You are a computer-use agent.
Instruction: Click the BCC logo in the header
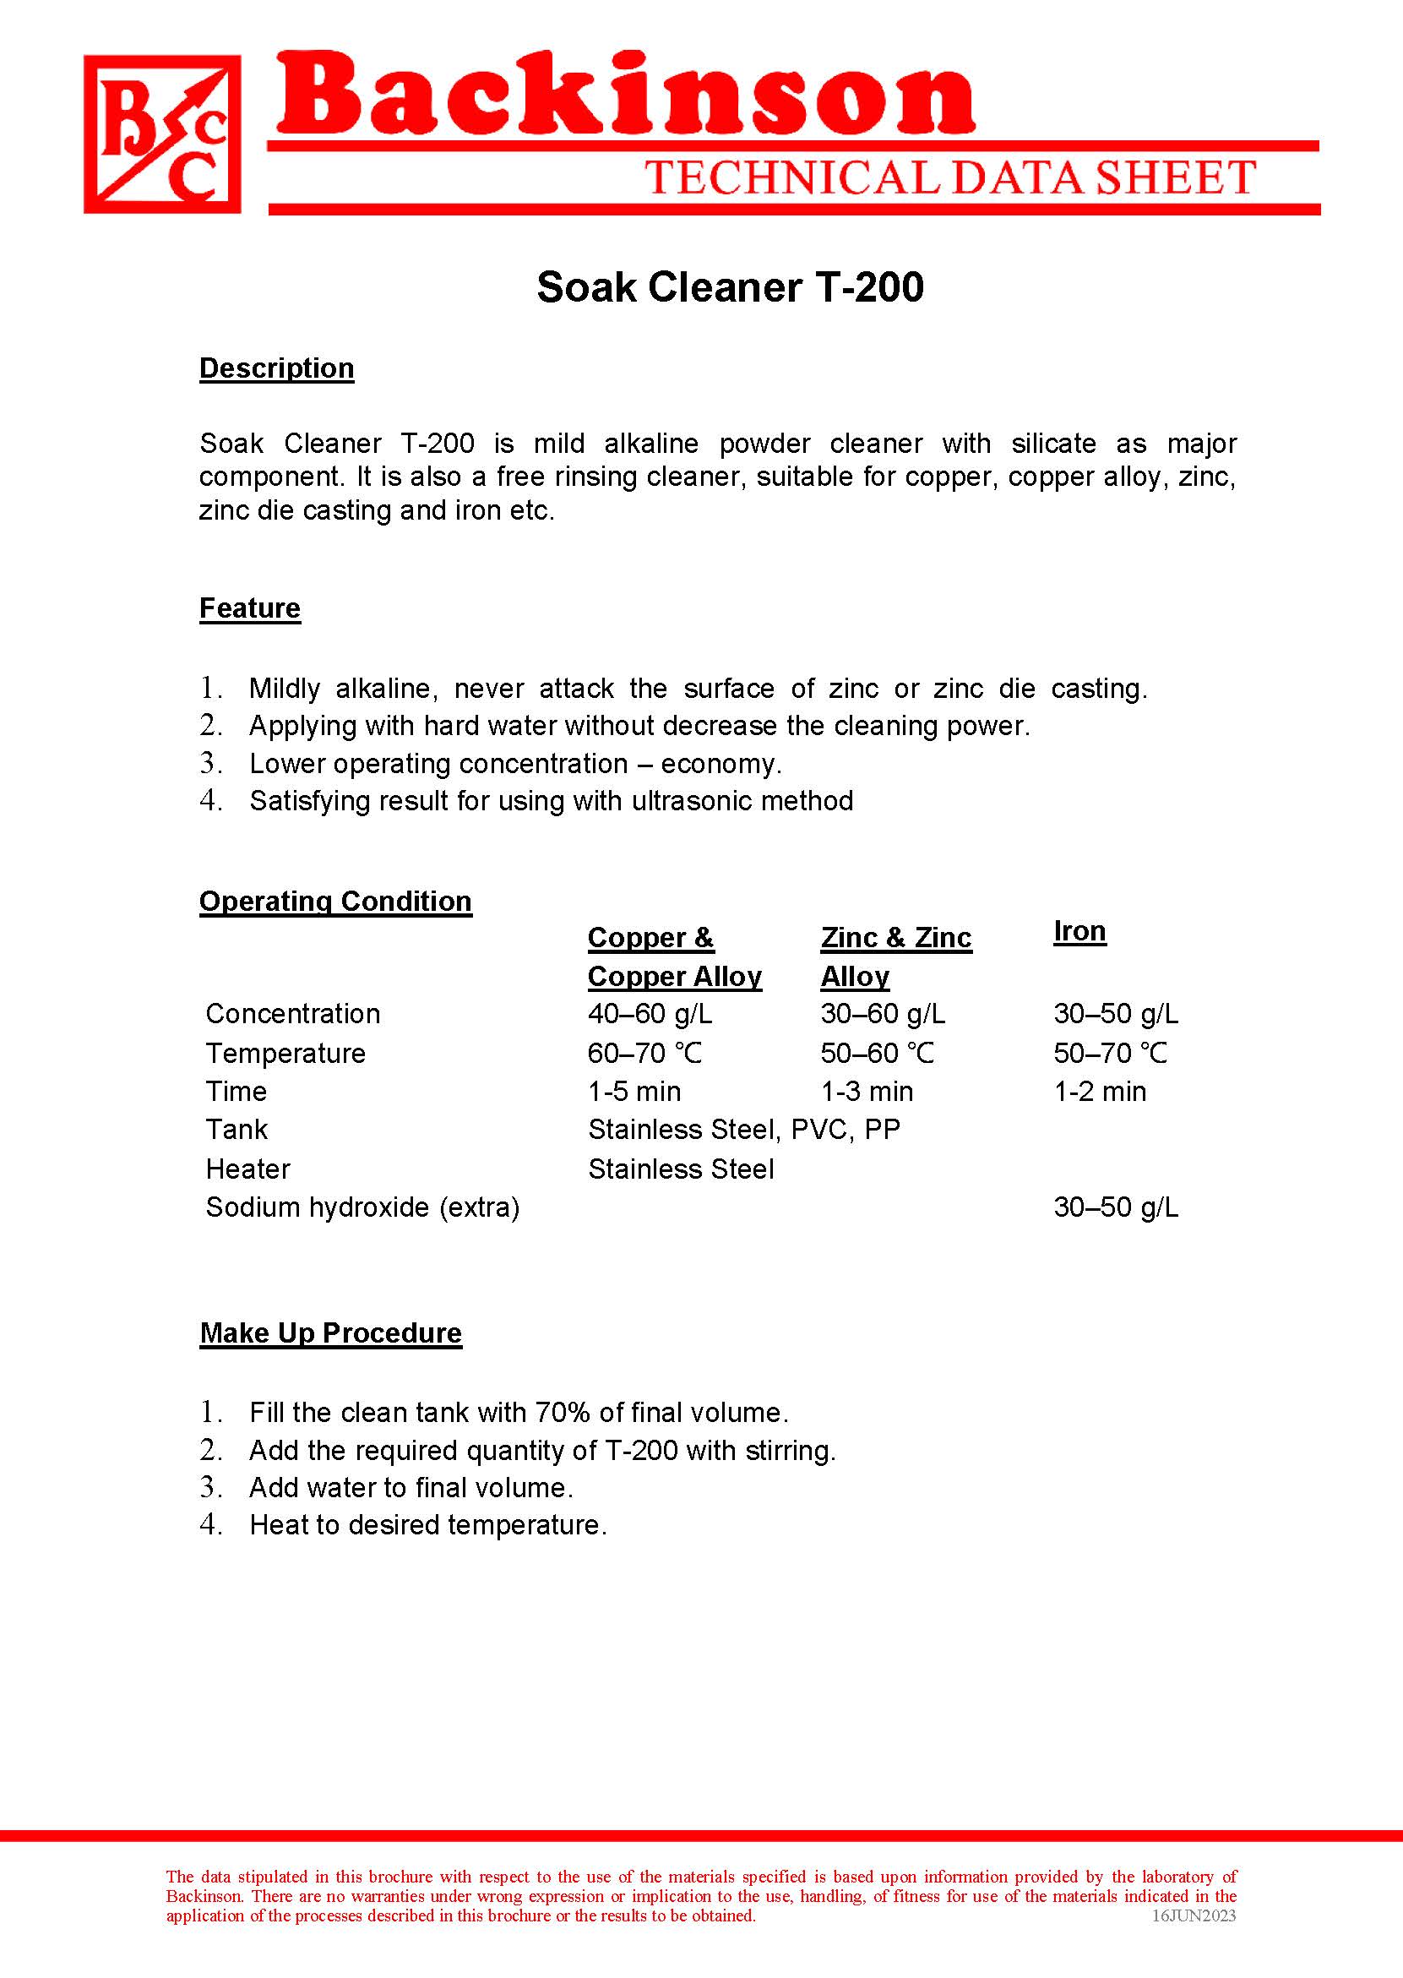162,134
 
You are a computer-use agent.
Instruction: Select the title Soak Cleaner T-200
730,287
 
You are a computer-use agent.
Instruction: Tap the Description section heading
276,368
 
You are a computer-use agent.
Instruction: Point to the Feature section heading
250,608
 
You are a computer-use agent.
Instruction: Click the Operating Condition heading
335,902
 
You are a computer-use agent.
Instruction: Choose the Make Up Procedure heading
331,1332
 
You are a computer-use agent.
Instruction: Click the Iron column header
1079,931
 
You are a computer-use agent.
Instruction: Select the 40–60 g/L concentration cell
650,1014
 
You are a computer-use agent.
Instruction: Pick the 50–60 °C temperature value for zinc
877,1054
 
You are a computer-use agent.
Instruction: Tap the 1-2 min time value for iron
1100,1092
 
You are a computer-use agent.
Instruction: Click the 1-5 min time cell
634,1092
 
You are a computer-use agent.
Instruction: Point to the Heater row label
248,1169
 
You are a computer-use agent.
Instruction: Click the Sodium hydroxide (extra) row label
363,1207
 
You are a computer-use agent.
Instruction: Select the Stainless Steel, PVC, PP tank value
744,1130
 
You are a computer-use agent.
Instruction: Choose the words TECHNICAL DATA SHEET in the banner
950,178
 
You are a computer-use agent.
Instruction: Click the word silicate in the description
1054,444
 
